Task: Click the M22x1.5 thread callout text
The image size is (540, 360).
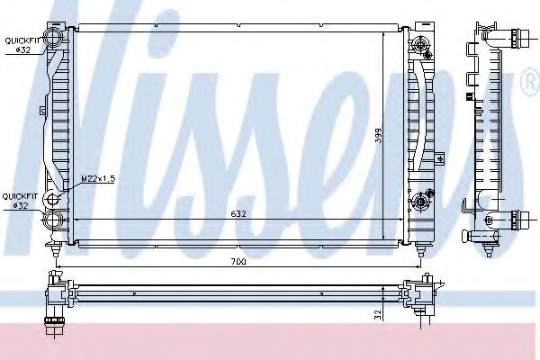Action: (x=101, y=178)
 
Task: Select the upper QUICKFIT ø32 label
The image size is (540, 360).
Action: (x=20, y=45)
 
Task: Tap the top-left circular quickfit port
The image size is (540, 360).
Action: (x=55, y=40)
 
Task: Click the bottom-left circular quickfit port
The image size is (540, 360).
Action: (x=55, y=220)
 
